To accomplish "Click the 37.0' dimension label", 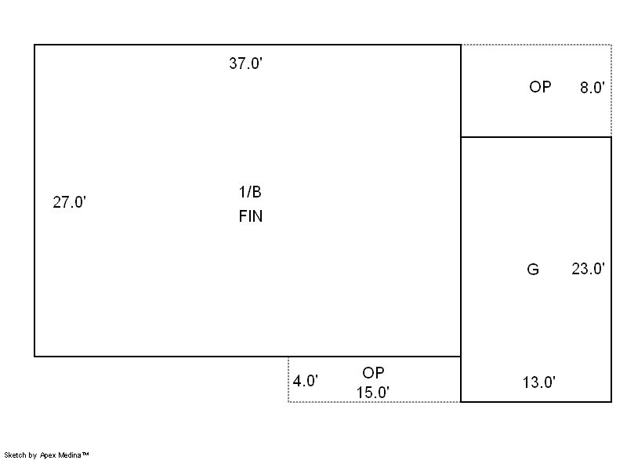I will pyautogui.click(x=245, y=64).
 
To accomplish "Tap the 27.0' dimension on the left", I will pyautogui.click(x=69, y=202).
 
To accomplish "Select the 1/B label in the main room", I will pyautogui.click(x=250, y=193).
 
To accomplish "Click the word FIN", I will pyautogui.click(x=250, y=217).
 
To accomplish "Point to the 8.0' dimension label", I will pyautogui.click(x=592, y=88).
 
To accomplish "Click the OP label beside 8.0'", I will pyautogui.click(x=540, y=87).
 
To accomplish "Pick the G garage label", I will pyautogui.click(x=533, y=270).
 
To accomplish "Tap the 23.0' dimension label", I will pyautogui.click(x=588, y=270).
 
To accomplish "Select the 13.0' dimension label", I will pyautogui.click(x=539, y=382).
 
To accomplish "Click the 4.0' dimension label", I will pyautogui.click(x=306, y=382).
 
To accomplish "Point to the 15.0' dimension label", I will pyautogui.click(x=373, y=393).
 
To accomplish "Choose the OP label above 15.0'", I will pyautogui.click(x=373, y=373).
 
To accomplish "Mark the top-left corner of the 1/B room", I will pyautogui.click(x=34, y=45).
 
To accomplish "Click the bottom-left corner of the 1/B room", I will pyautogui.click(x=34, y=357).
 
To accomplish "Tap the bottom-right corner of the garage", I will pyautogui.click(x=611, y=402).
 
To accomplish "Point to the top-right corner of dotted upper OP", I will pyautogui.click(x=611, y=45).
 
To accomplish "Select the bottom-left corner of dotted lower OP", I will pyautogui.click(x=288, y=402).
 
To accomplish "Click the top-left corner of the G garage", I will pyautogui.click(x=461, y=137).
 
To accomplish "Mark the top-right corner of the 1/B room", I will pyautogui.click(x=461, y=45).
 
